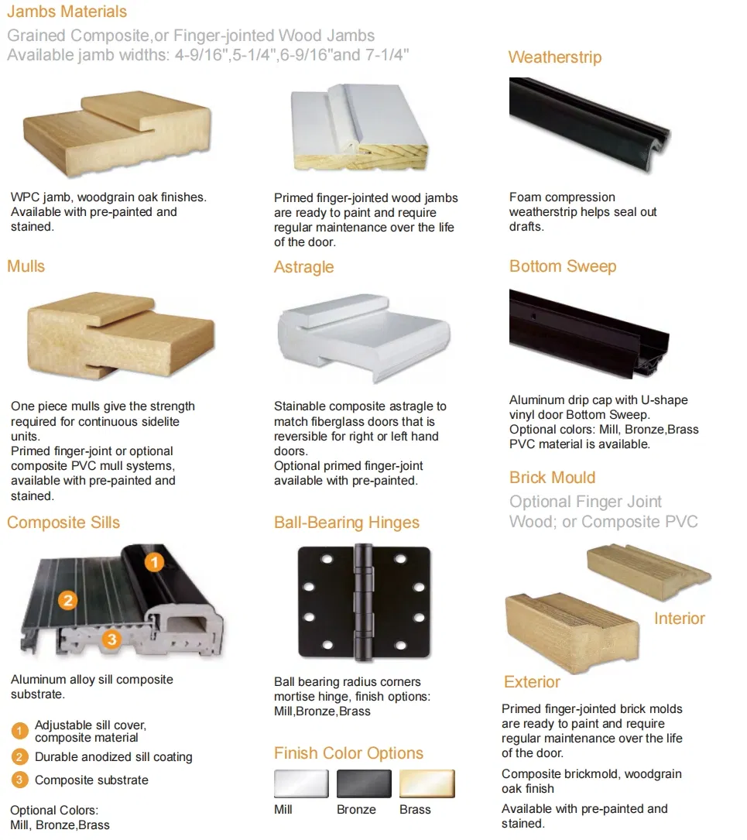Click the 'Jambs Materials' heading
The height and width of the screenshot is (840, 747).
tap(67, 12)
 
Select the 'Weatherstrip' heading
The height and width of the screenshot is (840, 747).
tap(554, 57)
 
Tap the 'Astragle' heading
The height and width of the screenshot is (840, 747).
tap(303, 267)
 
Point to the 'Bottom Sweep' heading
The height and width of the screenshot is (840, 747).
tap(563, 266)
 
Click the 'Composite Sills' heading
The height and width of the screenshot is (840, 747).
tap(63, 523)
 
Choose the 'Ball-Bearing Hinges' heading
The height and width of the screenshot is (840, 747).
tap(346, 523)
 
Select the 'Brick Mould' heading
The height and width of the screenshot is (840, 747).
tap(552, 477)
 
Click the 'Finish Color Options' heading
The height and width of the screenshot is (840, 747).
tap(348, 753)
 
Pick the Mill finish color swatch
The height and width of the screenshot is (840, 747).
tap(301, 783)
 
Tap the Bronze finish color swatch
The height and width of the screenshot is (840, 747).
tap(364, 783)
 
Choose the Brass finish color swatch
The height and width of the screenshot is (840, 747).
tap(427, 783)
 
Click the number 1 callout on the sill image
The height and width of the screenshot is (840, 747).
tap(155, 562)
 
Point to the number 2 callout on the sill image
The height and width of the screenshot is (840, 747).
tap(68, 600)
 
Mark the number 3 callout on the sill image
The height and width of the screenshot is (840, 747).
tap(111, 639)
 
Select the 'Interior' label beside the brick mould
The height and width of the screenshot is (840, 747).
tap(679, 619)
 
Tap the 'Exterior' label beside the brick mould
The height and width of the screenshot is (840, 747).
tap(532, 682)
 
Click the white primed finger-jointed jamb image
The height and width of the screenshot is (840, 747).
tap(358, 128)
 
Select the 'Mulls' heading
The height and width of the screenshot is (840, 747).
tap(26, 266)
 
